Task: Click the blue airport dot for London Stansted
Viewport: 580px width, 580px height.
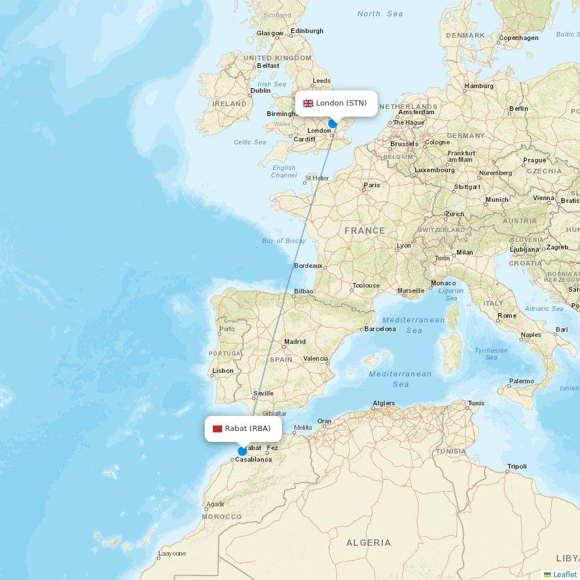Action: click(x=333, y=124)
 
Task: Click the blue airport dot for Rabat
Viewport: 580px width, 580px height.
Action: click(x=242, y=451)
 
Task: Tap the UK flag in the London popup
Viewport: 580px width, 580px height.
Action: click(x=308, y=103)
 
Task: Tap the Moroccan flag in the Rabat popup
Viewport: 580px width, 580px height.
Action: click(x=217, y=429)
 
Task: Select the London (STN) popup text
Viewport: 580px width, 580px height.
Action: click(x=341, y=103)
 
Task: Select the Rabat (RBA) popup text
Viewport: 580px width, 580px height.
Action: click(x=248, y=429)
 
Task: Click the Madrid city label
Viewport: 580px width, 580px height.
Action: click(x=295, y=342)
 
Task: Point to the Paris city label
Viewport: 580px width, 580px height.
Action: click(x=372, y=186)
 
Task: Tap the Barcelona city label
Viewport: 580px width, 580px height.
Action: click(x=380, y=329)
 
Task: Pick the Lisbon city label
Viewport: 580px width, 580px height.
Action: click(x=223, y=371)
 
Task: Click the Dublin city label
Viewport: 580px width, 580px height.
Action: click(x=260, y=90)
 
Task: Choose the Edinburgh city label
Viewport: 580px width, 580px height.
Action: click(x=307, y=31)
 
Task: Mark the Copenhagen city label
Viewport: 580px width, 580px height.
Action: click(x=519, y=38)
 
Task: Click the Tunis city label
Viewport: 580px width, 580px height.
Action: click(x=476, y=403)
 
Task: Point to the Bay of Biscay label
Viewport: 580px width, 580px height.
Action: click(x=284, y=241)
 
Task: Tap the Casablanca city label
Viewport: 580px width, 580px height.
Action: click(x=253, y=459)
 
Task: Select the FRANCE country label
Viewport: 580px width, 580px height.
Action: click(x=364, y=231)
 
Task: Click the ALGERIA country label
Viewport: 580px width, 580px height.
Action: click(x=368, y=543)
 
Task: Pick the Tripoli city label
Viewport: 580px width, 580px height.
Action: click(x=517, y=466)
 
